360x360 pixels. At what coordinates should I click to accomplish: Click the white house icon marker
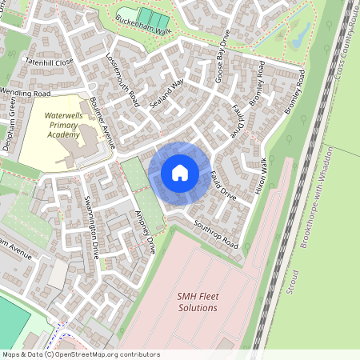[179, 172]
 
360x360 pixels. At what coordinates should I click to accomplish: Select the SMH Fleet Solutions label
[198, 302]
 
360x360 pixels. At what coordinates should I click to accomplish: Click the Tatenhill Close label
[49, 61]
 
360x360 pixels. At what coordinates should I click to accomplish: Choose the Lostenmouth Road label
[122, 80]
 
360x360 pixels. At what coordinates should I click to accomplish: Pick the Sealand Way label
[167, 93]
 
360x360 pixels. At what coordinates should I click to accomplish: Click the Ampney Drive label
[145, 231]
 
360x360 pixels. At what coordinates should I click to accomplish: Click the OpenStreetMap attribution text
[81, 354]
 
